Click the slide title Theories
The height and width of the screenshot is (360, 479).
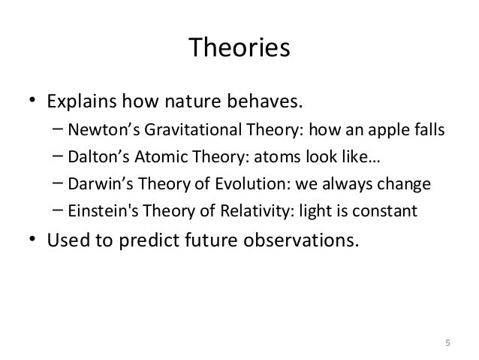click(x=239, y=47)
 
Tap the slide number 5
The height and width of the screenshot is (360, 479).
click(x=447, y=343)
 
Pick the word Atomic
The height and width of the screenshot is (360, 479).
click(x=161, y=156)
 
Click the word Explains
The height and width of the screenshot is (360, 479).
click(x=82, y=102)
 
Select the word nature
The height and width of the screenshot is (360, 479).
click(x=192, y=102)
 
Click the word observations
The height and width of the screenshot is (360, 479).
click(x=301, y=240)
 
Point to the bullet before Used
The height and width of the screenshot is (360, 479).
click(x=32, y=238)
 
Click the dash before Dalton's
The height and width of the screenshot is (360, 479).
click(x=58, y=156)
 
